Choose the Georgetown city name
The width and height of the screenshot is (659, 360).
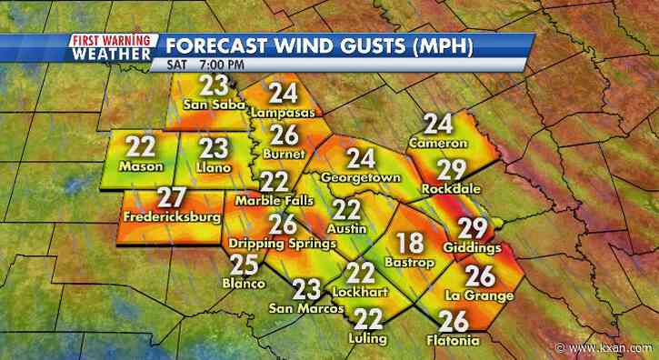click(362, 177)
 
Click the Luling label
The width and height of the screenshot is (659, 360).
click(367, 338)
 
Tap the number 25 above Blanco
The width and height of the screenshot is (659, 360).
click(243, 264)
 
